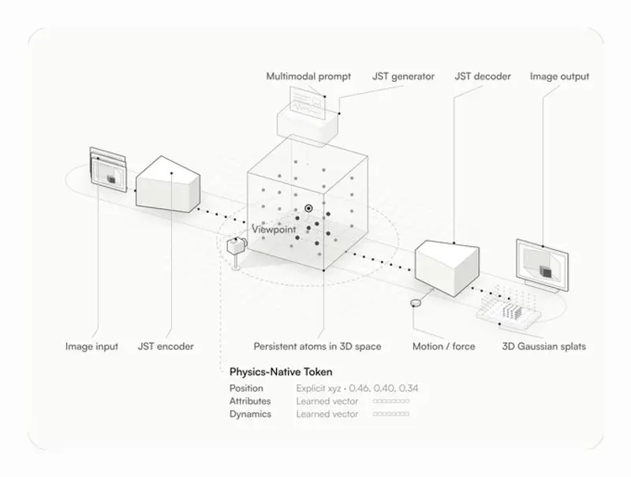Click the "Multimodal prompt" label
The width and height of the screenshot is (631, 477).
[308, 76]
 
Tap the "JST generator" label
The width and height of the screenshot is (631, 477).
[403, 76]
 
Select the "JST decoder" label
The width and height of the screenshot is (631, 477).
[483, 76]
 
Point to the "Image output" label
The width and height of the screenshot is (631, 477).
[559, 76]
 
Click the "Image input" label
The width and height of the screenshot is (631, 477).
[91, 346]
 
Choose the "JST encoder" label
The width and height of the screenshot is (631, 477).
[166, 346]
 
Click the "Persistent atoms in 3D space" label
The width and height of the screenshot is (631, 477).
[317, 346]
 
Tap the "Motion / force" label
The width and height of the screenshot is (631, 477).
[443, 346]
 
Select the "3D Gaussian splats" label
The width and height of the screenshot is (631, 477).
[543, 346]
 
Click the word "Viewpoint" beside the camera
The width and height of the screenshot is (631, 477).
[274, 229]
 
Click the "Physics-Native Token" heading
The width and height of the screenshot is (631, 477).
[281, 372]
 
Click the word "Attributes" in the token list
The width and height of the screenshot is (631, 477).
[250, 401]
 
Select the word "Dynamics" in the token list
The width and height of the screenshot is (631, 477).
[250, 414]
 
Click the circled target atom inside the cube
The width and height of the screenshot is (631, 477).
[308, 208]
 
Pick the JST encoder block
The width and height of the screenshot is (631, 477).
[168, 184]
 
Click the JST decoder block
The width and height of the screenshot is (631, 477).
[447, 267]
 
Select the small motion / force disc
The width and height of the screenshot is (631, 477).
[416, 303]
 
